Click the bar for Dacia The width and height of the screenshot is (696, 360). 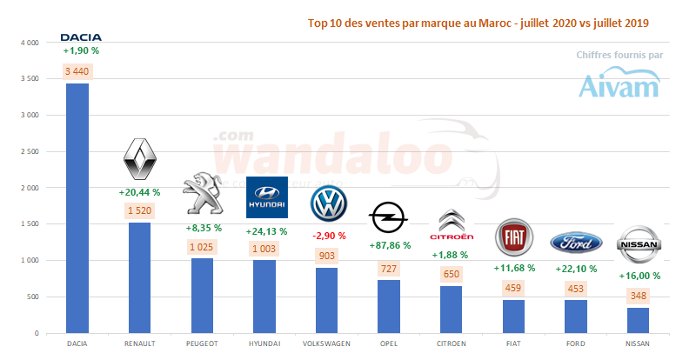[77, 209]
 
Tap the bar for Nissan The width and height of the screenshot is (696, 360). [638, 320]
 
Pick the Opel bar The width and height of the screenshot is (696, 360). [389, 306]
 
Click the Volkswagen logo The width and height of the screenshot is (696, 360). [329, 206]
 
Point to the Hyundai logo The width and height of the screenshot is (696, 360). [266, 197]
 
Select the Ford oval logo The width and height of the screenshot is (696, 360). [575, 240]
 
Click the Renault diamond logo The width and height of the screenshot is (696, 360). [141, 159]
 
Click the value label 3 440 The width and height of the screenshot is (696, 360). [78, 70]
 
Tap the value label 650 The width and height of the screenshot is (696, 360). [452, 274]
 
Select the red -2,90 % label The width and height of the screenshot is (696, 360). [329, 236]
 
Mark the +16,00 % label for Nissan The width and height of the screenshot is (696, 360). [638, 276]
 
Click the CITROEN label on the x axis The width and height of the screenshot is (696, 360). [452, 343]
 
